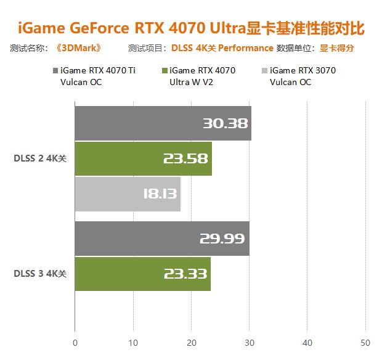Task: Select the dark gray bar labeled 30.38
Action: (163, 123)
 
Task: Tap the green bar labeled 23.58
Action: (143, 158)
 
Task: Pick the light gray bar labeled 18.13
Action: (128, 194)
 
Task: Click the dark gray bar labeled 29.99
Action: (161, 239)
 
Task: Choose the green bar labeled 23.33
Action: (142, 274)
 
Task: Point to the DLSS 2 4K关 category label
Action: (40, 158)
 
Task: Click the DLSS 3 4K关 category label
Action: (40, 274)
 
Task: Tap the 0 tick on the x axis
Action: (75, 343)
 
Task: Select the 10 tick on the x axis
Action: (133, 343)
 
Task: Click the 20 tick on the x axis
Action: (192, 343)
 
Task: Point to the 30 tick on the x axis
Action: (250, 343)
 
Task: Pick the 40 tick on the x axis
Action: (308, 343)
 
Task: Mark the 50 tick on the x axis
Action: (365, 343)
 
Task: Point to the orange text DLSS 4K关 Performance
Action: (222, 48)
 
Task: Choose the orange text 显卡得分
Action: (336, 48)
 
